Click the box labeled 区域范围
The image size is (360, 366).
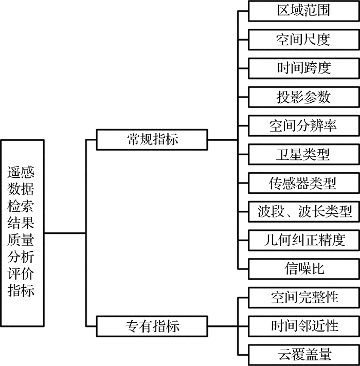tap(303, 11)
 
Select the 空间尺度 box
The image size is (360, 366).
tap(303, 40)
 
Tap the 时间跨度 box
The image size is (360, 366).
tap(303, 68)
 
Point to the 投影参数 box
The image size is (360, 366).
tap(303, 97)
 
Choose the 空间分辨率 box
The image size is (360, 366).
tap(303, 125)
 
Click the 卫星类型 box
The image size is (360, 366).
tap(303, 154)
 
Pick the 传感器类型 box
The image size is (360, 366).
tap(303, 182)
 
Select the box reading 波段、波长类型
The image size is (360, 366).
tap(303, 211)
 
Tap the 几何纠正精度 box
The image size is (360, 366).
tap(303, 240)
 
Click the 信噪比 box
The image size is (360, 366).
tap(303, 268)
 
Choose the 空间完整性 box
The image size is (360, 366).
tap(303, 297)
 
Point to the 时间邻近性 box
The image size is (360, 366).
tap(303, 325)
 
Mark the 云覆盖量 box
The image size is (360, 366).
tap(303, 354)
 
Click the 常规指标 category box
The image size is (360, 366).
tap(152, 139)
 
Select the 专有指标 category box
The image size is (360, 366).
tap(152, 325)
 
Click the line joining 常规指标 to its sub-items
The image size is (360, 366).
tap(222, 139)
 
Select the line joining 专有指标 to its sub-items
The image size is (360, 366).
tap(222, 325)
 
